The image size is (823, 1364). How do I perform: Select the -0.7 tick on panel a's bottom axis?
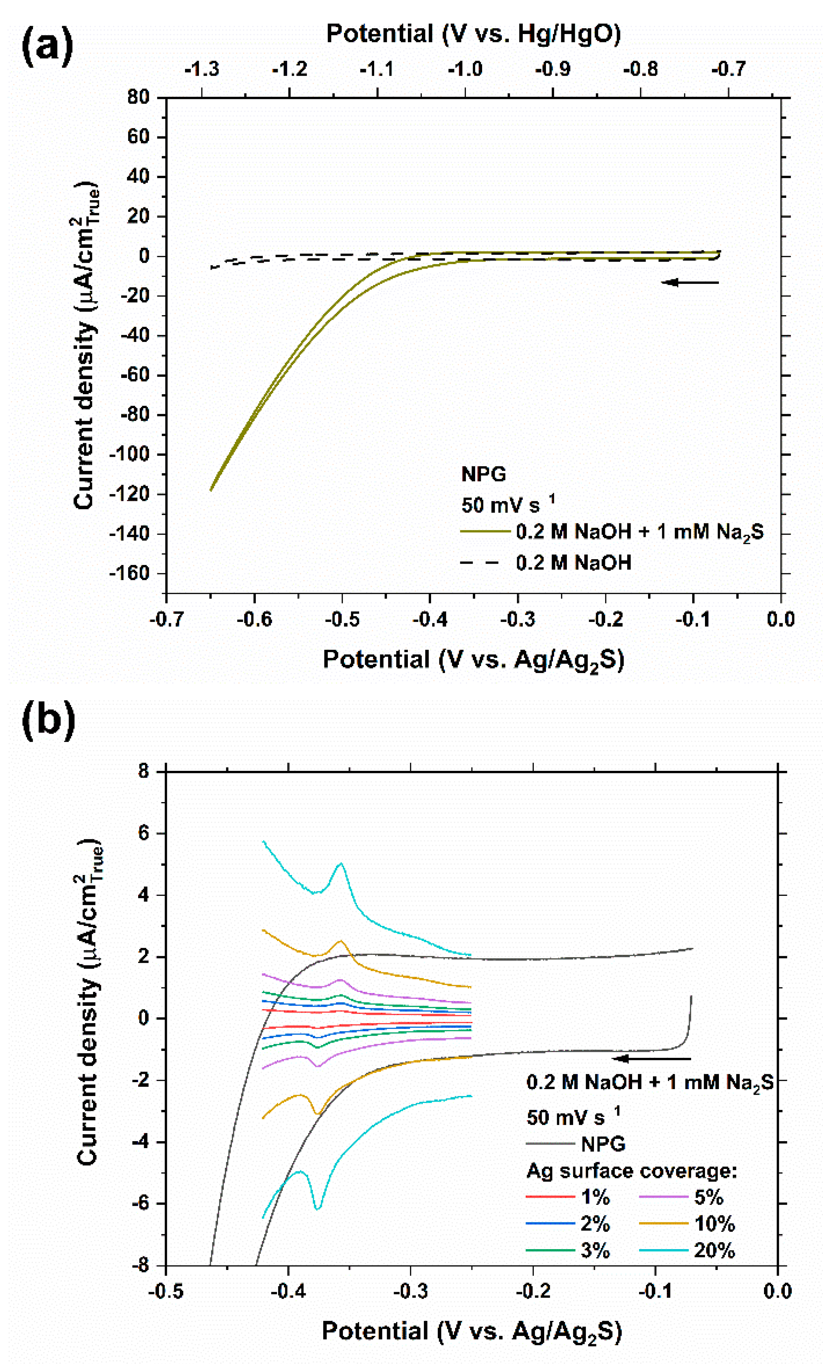pyautogui.click(x=166, y=618)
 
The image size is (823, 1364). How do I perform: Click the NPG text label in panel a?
pyautogui.click(x=484, y=474)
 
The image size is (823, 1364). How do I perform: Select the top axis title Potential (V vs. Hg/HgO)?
pyautogui.click(x=473, y=34)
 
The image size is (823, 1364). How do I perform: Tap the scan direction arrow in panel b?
pyautogui.click(x=652, y=1059)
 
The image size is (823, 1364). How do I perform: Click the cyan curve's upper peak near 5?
pyautogui.click(x=341, y=864)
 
